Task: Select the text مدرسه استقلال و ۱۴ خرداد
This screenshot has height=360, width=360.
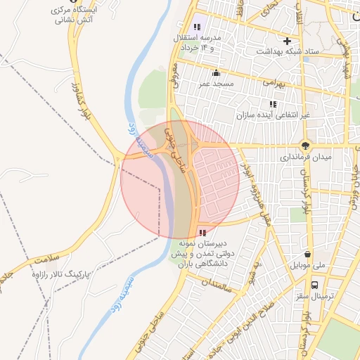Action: click(x=201, y=41)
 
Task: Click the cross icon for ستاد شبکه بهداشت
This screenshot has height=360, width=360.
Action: click(x=287, y=41)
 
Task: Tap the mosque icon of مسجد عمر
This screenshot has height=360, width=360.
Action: click(x=215, y=72)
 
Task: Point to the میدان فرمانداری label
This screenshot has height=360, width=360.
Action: click(x=304, y=157)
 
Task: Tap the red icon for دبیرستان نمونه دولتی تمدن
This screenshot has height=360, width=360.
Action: click(x=203, y=232)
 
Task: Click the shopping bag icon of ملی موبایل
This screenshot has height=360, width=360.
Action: click(x=307, y=255)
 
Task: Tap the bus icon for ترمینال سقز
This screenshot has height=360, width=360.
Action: click(x=314, y=285)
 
